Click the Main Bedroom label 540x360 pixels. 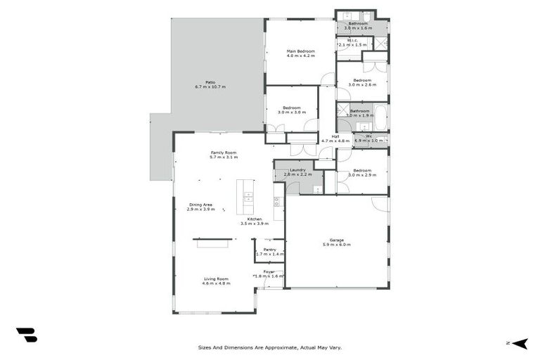coord(300,51)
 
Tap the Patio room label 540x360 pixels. coord(210,82)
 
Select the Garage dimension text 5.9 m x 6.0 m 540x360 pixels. coord(337,245)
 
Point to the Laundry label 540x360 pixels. coord(297,169)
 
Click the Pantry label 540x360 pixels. coord(269,249)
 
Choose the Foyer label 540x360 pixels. coord(269,271)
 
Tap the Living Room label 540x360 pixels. coord(216,278)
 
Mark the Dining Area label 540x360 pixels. coord(200,205)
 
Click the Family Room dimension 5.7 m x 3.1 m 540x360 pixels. coord(224,157)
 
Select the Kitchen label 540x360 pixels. coord(254,219)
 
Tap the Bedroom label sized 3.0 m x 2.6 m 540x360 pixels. coord(362,80)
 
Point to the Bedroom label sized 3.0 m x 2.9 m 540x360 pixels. coord(362,170)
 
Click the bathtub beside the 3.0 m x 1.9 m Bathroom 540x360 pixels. coord(380,117)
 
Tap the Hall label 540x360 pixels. coord(335,136)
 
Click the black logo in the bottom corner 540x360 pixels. coord(26,335)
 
